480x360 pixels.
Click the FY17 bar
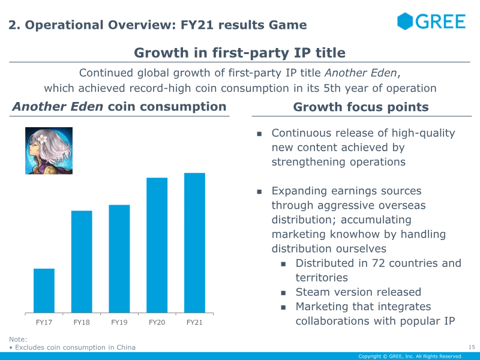coord(44,290)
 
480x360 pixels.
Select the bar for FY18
coord(82,262)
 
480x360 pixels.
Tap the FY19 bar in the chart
coord(119,259)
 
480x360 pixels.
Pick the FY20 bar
coord(157,245)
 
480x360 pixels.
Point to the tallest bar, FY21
coord(194,243)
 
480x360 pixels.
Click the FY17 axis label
coord(44,322)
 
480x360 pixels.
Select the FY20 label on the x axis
coord(157,322)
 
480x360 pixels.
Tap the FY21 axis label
coord(194,322)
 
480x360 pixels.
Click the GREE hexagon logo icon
coord(405,21)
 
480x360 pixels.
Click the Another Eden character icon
coord(49,151)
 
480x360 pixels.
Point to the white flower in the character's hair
coord(42,139)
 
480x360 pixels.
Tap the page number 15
coord(472,347)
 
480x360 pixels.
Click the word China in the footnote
coord(126,347)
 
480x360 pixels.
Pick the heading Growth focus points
coord(361,107)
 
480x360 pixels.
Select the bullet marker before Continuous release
coord(259,134)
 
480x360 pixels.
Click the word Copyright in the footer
coord(370,356)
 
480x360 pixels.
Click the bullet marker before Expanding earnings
coord(259,192)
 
